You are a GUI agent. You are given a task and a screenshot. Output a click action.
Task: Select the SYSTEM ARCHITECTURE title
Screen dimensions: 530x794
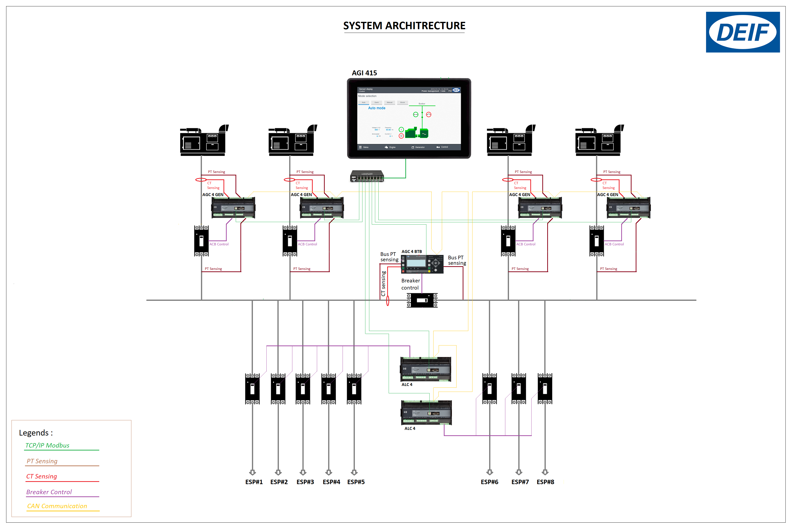pyautogui.click(x=404, y=26)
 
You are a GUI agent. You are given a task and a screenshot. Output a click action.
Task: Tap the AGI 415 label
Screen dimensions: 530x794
pyautogui.click(x=364, y=73)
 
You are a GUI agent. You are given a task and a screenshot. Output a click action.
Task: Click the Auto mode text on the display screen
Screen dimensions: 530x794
pyautogui.click(x=376, y=108)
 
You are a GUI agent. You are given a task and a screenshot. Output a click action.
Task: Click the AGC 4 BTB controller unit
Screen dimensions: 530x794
pyautogui.click(x=422, y=264)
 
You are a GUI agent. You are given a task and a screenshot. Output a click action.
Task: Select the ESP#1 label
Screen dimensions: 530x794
pyautogui.click(x=254, y=482)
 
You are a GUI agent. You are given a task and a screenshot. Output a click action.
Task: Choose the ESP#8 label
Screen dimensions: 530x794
pyautogui.click(x=545, y=482)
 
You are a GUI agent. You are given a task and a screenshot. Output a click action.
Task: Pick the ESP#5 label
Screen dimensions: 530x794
pyautogui.click(x=356, y=482)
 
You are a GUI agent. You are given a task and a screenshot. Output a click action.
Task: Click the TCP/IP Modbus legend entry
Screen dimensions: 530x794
pyautogui.click(x=47, y=446)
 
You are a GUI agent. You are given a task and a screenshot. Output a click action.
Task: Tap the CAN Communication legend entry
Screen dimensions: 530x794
pyautogui.click(x=57, y=506)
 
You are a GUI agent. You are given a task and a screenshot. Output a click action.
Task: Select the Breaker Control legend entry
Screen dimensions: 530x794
pyautogui.click(x=49, y=492)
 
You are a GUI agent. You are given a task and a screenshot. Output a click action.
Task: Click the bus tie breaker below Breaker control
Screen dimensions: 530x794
pyautogui.click(x=422, y=300)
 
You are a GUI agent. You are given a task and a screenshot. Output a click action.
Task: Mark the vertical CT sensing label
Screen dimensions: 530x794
pyautogui.click(x=383, y=284)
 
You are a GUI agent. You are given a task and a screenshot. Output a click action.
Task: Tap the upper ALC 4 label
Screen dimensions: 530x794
pyautogui.click(x=407, y=385)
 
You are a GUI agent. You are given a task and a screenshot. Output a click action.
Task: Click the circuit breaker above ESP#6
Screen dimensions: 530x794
pyautogui.click(x=489, y=389)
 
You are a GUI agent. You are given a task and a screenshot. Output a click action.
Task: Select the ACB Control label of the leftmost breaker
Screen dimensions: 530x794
pyautogui.click(x=219, y=244)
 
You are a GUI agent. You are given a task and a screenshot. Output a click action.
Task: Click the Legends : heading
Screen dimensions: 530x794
pyautogui.click(x=36, y=433)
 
